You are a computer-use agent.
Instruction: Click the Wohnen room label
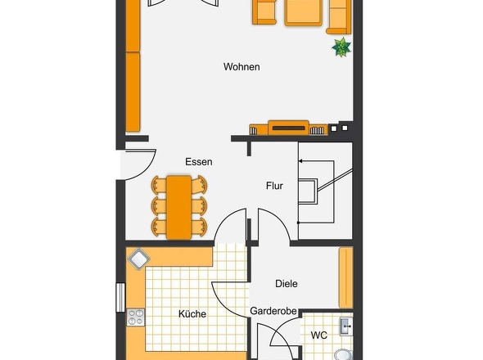(241, 67)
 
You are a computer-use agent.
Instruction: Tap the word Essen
(199, 162)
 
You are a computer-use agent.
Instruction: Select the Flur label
(274, 186)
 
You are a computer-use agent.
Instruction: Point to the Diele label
(287, 284)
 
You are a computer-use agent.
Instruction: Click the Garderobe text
(273, 311)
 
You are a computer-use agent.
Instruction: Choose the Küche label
(192, 314)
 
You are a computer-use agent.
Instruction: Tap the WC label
(318, 335)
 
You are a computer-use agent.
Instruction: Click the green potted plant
(341, 47)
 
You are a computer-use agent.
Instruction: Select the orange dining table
(178, 208)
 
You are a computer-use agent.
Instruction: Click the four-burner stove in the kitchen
(136, 317)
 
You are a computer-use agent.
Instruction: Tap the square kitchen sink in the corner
(138, 259)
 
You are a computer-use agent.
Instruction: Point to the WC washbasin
(346, 326)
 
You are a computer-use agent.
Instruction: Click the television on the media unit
(288, 128)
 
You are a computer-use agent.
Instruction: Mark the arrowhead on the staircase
(300, 160)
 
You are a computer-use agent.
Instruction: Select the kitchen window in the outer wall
(120, 298)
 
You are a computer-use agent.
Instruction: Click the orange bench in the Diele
(346, 278)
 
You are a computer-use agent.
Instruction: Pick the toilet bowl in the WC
(342, 354)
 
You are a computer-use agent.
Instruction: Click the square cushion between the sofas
(304, 12)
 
